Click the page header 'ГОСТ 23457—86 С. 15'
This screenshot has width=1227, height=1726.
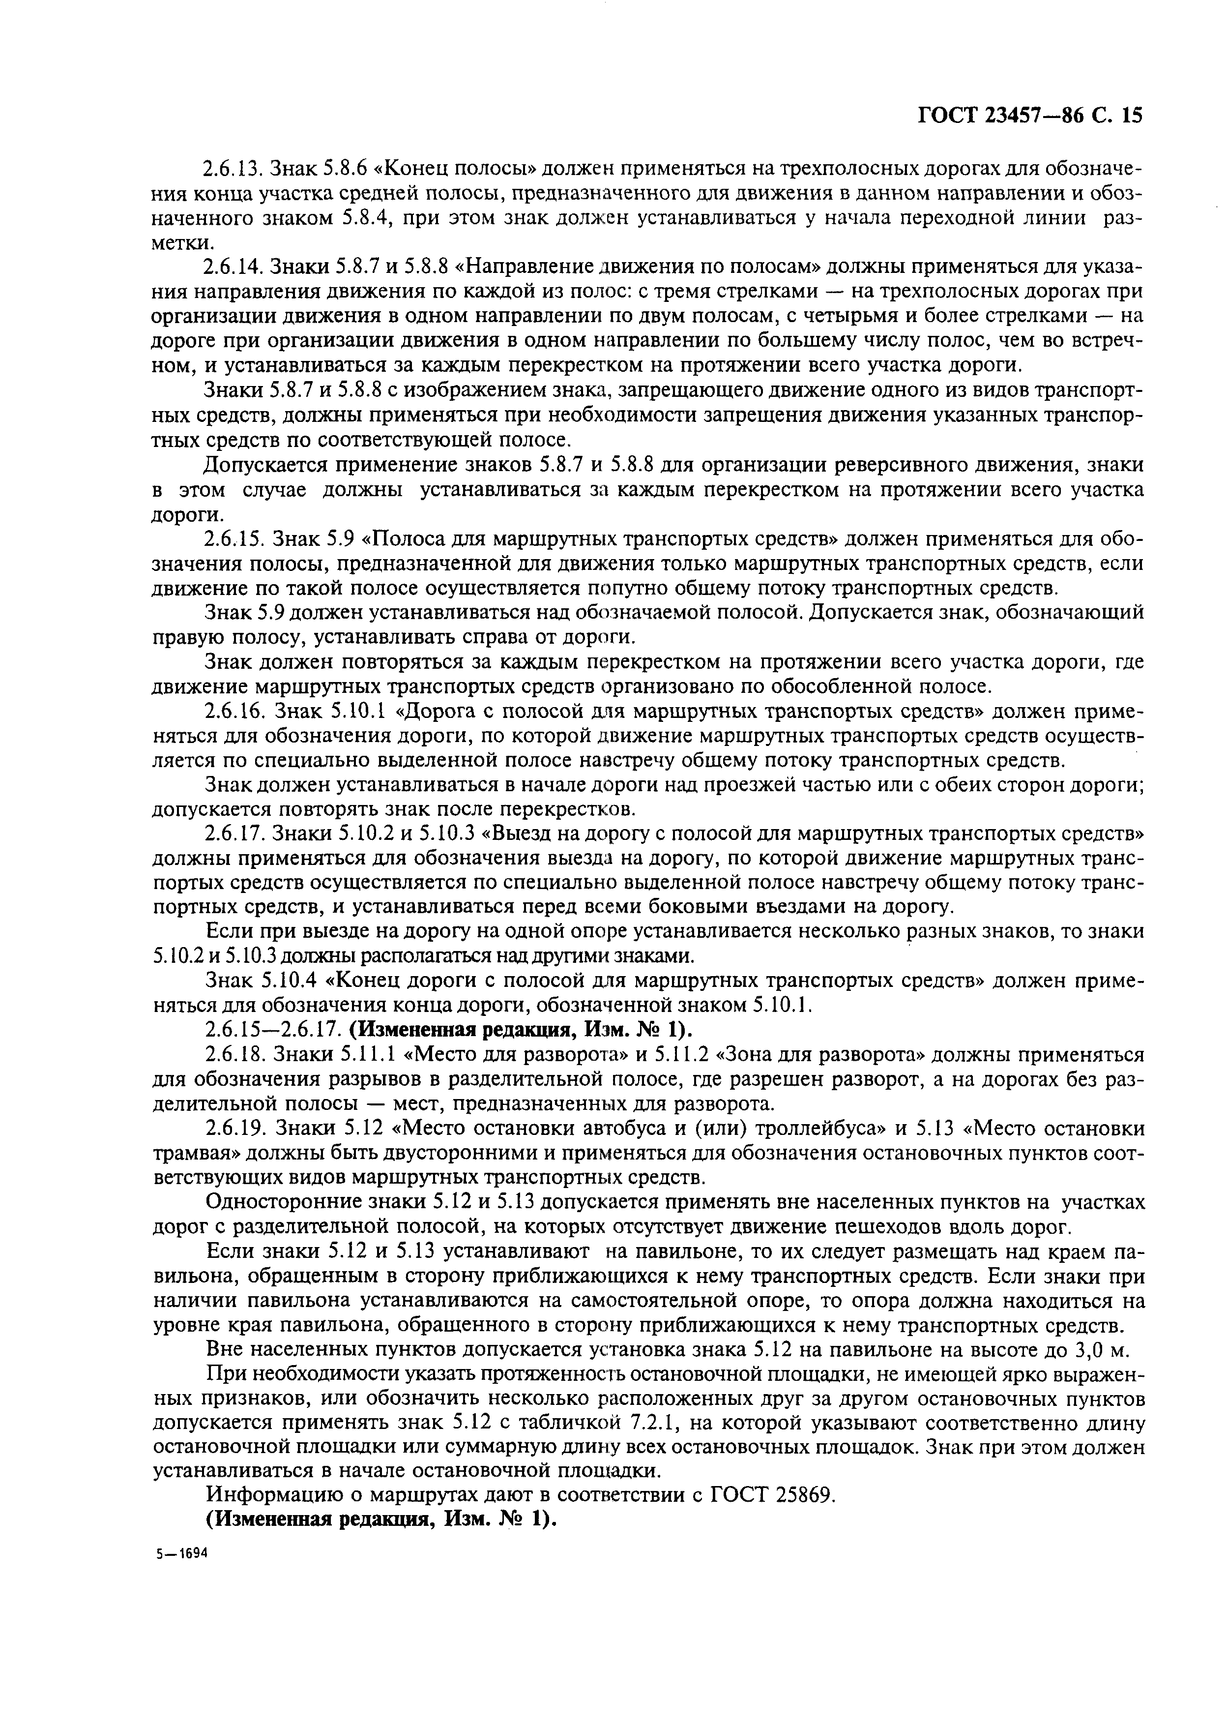click(x=1030, y=116)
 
